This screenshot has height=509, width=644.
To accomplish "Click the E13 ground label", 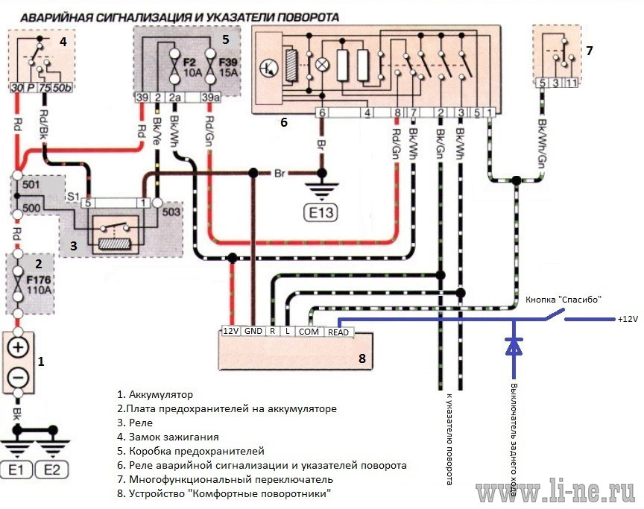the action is (321, 212).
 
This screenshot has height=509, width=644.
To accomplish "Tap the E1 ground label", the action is (16, 470).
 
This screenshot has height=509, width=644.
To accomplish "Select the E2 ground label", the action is (51, 470).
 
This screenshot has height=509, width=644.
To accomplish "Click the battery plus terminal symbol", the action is (18, 348).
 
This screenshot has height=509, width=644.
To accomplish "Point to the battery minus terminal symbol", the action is (18, 377).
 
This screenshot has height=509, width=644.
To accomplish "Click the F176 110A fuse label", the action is (39, 285).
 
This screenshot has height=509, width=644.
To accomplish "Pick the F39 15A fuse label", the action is (228, 67).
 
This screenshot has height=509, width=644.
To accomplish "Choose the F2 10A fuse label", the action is (192, 67).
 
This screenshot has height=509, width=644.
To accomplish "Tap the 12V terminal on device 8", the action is (230, 331).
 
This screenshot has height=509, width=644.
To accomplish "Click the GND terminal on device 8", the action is (253, 331).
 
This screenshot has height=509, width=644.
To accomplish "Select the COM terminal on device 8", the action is (309, 332).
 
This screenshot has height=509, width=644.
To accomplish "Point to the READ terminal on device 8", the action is (338, 332).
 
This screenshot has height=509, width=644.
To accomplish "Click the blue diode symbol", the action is (514, 346).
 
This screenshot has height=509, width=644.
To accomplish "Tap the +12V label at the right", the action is (628, 319).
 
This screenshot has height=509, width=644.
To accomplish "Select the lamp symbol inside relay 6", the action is (323, 64).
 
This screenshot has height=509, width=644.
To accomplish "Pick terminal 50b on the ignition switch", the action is (62, 87).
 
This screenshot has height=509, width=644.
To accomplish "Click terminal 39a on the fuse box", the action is (210, 98).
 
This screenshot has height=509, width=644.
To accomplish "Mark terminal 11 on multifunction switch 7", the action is (571, 83).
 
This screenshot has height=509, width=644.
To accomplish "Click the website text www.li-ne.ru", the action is (555, 492).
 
